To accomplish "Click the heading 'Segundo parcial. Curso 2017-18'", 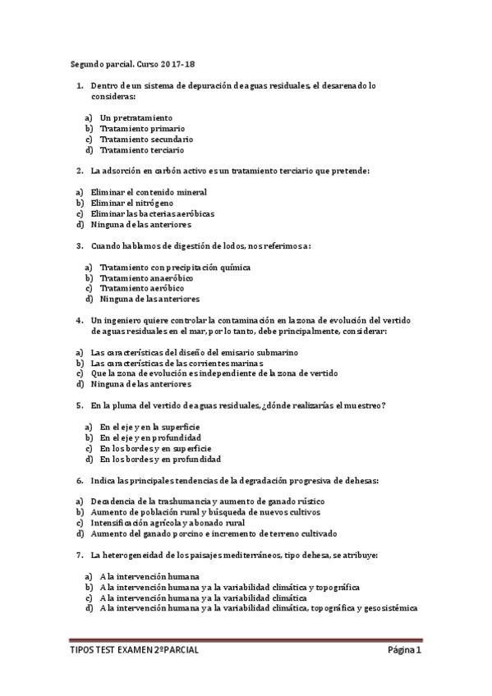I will (x=131, y=63).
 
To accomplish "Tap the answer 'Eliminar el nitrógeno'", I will (x=131, y=203).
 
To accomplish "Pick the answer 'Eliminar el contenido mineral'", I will (x=149, y=192).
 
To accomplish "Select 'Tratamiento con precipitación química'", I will (x=175, y=268).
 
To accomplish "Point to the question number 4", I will (x=79, y=320).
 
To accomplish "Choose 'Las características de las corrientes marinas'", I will (x=177, y=363).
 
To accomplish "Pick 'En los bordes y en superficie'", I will (x=155, y=449).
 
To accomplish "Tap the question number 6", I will (x=79, y=480).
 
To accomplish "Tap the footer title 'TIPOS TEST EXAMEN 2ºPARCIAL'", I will (x=135, y=651).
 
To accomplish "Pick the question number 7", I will (x=79, y=556).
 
